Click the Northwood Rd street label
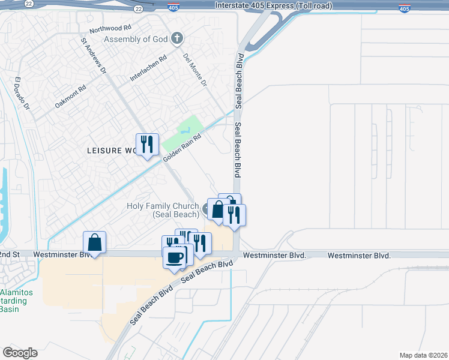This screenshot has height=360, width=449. [x=110, y=28]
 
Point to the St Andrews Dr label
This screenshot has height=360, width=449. [x=93, y=56]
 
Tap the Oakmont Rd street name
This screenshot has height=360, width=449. [x=71, y=96]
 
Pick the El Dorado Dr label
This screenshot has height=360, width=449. [x=22, y=94]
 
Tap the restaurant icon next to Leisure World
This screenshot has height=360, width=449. [x=147, y=145]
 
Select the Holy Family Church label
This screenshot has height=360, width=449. [x=163, y=210]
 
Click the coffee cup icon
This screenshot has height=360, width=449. [x=175, y=257]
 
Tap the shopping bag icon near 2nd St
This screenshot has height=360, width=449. [x=95, y=242]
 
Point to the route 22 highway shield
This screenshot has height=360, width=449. [x=139, y=9]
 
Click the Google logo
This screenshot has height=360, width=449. [x=20, y=353]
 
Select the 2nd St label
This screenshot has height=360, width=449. [x=10, y=254]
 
